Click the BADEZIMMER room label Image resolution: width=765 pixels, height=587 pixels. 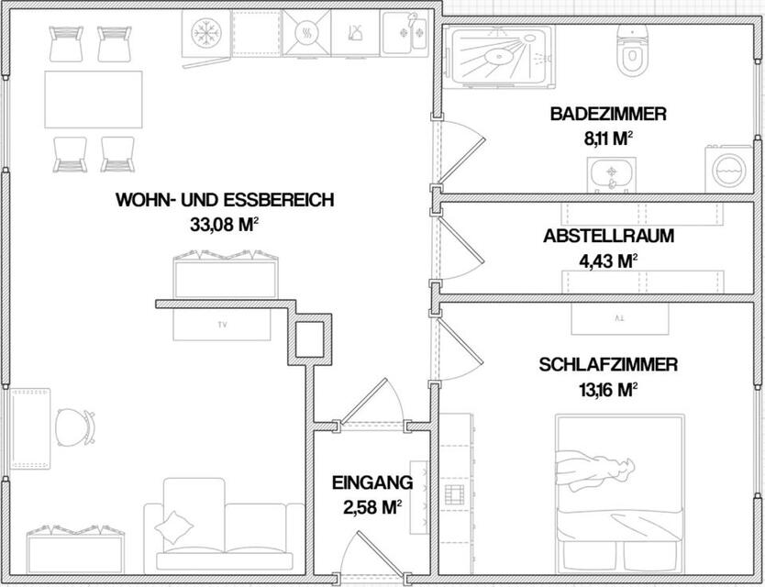click(x=608, y=115)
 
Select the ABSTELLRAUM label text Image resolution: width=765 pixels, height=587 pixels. click(x=608, y=236)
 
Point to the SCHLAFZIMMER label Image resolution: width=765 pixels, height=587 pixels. click(x=608, y=365)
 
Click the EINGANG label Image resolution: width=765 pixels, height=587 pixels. click(x=372, y=482)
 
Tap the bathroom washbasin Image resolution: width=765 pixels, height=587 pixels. click(x=610, y=172)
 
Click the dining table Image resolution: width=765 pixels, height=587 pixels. click(x=94, y=100)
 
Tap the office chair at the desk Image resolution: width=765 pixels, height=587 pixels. click(x=72, y=426)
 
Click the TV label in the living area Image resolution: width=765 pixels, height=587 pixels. click(x=222, y=325)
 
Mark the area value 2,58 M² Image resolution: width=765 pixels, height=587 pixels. click(x=372, y=505)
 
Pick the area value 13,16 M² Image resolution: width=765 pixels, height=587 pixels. click(x=608, y=389)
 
